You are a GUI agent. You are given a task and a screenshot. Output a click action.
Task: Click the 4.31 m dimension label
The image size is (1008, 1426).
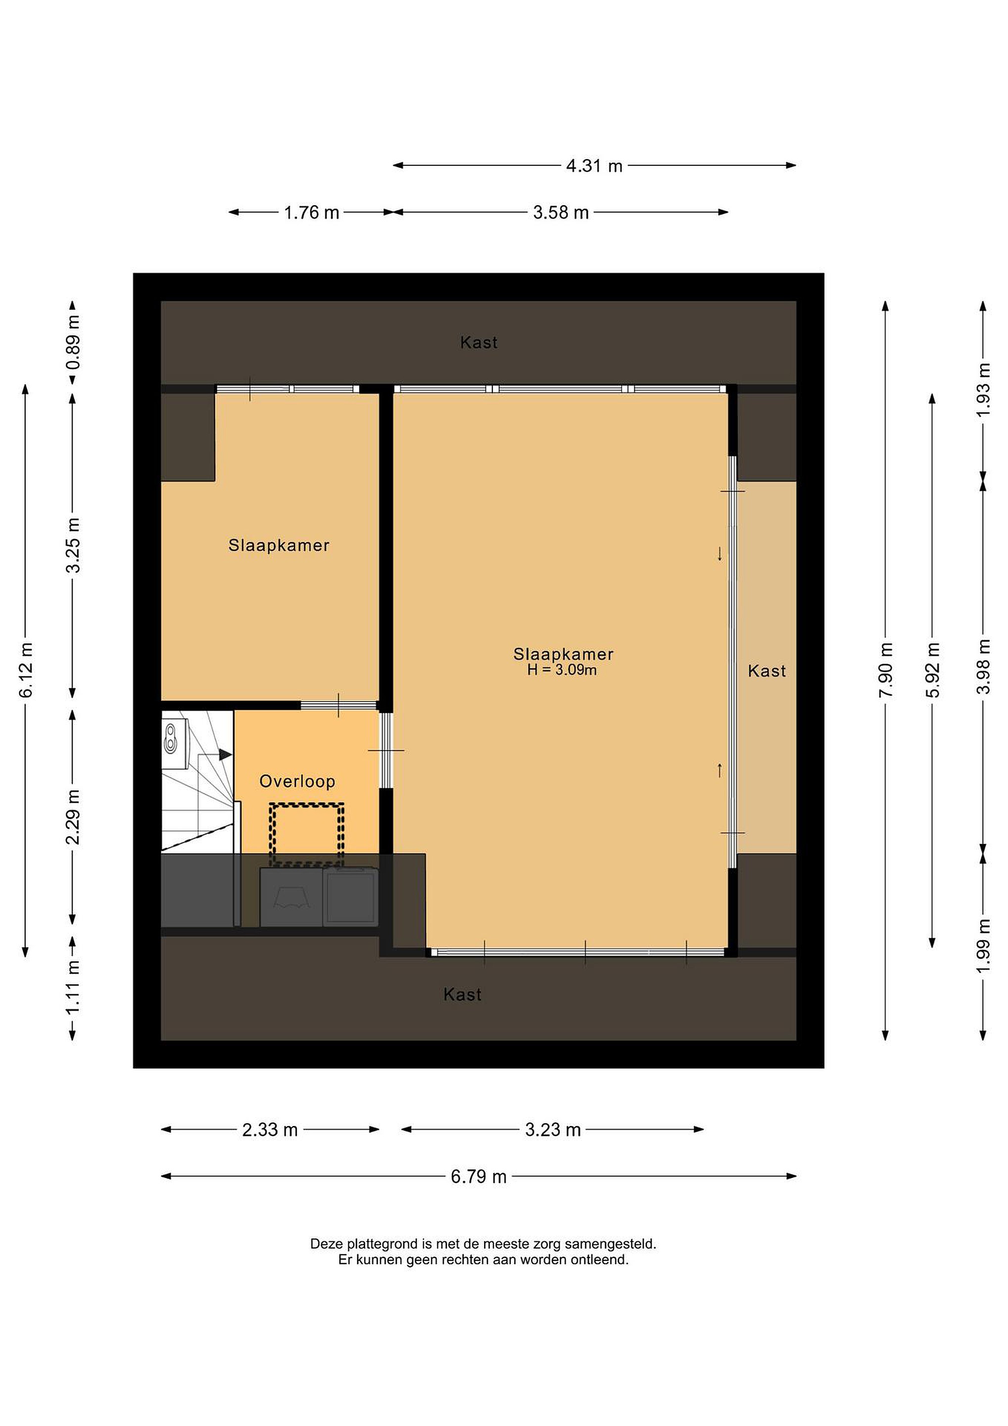pyautogui.click(x=594, y=166)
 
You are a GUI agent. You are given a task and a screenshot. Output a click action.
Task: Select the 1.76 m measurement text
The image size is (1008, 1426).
pyautogui.click(x=312, y=212)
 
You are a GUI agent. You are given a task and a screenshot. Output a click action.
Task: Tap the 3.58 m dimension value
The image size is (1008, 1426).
pyautogui.click(x=561, y=212)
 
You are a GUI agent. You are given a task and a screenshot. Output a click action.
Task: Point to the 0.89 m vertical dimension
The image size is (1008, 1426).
pyautogui.click(x=73, y=342)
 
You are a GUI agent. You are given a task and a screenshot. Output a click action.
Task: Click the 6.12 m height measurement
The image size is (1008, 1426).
pyautogui.click(x=26, y=670)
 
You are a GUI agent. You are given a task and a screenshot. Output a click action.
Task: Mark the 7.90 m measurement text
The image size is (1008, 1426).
pyautogui.click(x=886, y=670)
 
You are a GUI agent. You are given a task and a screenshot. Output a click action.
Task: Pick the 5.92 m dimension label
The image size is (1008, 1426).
pyautogui.click(x=933, y=670)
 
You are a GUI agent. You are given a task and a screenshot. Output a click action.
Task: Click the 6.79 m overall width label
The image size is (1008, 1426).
pyautogui.click(x=479, y=1176)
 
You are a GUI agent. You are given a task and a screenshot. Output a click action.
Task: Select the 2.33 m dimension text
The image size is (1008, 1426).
pyautogui.click(x=270, y=1130)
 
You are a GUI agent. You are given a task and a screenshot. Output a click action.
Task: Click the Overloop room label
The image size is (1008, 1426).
pyautogui.click(x=297, y=781)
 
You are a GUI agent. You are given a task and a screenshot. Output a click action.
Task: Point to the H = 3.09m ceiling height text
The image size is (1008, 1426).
pyautogui.click(x=562, y=670)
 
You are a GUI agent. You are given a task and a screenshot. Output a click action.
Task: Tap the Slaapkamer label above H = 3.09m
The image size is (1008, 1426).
pyautogui.click(x=563, y=654)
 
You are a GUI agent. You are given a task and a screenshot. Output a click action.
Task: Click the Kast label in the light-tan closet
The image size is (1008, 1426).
pyautogui.click(x=767, y=671)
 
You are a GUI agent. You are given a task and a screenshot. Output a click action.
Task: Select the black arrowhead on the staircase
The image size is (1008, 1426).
pyautogui.click(x=225, y=755)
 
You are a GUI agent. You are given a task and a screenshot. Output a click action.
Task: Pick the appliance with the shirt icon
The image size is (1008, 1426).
pyautogui.click(x=291, y=898)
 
